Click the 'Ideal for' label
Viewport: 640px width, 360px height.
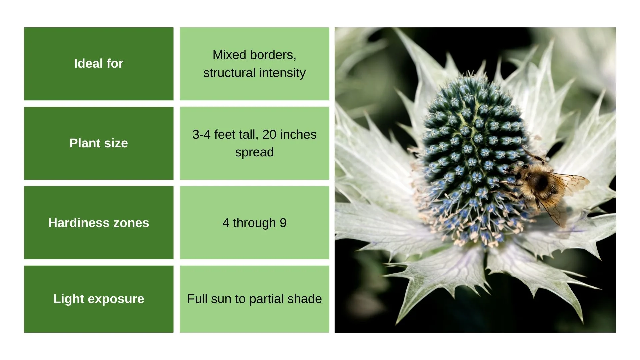[x=99, y=63]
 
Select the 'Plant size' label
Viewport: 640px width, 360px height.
[x=99, y=143]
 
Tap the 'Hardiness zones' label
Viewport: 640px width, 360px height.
[x=99, y=223]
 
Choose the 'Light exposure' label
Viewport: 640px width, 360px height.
[x=99, y=299]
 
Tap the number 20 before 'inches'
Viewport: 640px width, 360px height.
[x=269, y=134]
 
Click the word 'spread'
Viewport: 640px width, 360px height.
[x=254, y=152]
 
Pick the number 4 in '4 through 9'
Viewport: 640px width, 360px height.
[x=226, y=223]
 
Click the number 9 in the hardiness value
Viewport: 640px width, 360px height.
[x=283, y=223]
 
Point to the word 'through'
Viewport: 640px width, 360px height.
[x=254, y=223]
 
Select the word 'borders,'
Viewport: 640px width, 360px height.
[x=271, y=55]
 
